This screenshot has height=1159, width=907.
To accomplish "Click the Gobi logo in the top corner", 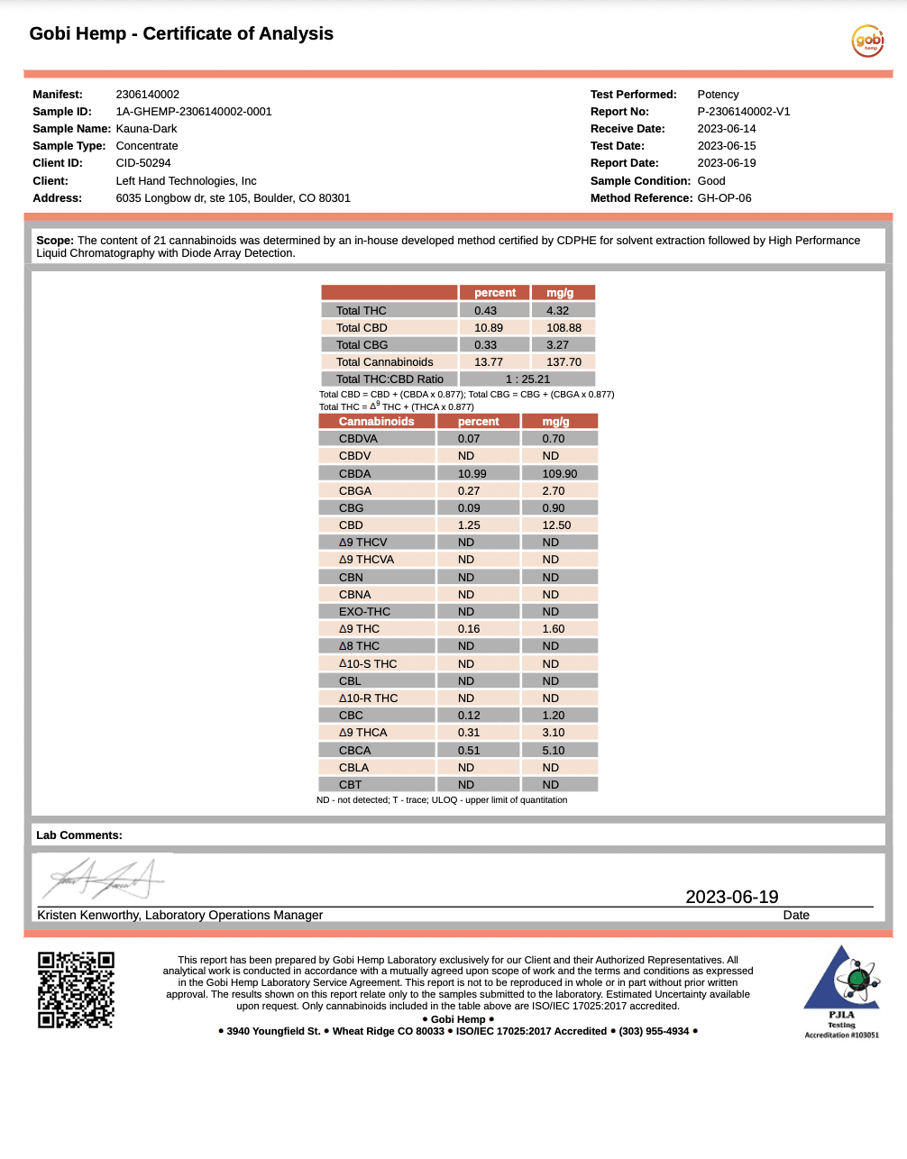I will point(867,41).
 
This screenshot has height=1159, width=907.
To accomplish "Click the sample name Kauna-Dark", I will point(146,129).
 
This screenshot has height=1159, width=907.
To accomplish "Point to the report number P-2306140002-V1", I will point(743,112).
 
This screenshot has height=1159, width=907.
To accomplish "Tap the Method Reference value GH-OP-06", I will point(724,198).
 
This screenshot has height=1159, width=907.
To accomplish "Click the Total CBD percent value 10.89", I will point(489,328).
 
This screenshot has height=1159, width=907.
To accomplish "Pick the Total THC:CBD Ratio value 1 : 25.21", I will point(527,379).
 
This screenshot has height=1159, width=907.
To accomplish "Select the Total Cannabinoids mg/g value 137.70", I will point(563,362).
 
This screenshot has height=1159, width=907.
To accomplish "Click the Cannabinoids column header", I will point(376,422).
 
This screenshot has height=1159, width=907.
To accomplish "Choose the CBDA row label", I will point(354,474).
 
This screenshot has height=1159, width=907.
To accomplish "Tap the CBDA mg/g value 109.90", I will point(559,474).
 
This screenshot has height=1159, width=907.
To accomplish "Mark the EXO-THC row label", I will point(364,612).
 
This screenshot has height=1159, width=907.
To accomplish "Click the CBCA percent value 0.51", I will point(469,751).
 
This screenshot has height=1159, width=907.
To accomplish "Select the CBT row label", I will point(350,785).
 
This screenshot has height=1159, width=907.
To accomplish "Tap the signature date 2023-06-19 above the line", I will point(731,897).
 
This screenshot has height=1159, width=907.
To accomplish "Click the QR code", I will point(76,990).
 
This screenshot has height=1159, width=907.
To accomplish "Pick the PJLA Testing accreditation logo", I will point(841,990).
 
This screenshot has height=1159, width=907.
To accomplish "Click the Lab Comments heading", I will point(79,835).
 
